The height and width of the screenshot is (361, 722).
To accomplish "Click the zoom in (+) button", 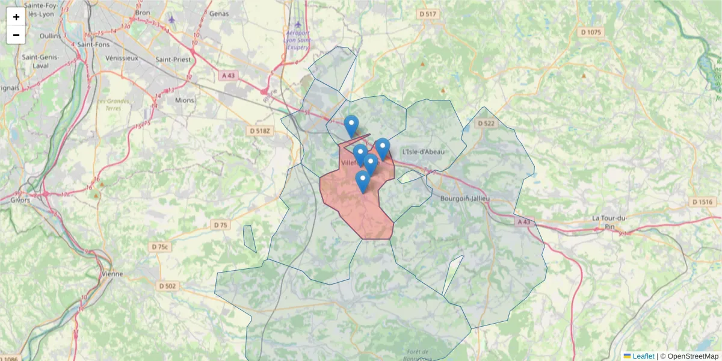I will (x=16, y=17).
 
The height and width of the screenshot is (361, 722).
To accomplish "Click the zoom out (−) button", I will (x=16, y=35).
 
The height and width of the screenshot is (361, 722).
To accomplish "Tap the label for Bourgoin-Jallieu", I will (x=465, y=199).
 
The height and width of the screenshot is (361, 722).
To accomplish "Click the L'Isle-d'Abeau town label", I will (x=424, y=152).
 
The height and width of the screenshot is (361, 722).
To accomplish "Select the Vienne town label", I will (x=113, y=274).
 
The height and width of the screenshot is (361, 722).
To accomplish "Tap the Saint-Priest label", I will (x=173, y=60).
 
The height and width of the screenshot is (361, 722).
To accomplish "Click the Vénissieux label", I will (x=122, y=58).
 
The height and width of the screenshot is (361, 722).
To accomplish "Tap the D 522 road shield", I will (x=486, y=123).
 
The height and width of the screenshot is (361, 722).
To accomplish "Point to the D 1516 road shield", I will (x=702, y=202).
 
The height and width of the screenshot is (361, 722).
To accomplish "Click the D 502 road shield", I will (x=167, y=286).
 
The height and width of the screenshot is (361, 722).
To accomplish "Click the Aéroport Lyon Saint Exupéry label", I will (x=298, y=39).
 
